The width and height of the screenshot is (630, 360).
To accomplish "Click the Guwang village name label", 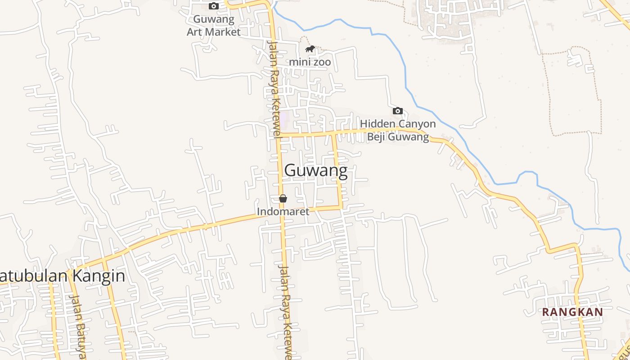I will coord(316,171).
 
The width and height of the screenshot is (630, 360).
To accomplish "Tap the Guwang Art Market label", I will coord(214,26).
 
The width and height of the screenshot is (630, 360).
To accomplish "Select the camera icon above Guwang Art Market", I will coord(214,6).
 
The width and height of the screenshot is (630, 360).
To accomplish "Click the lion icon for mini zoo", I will coord(310,49).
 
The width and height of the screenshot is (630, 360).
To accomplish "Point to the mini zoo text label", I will coord(310,62).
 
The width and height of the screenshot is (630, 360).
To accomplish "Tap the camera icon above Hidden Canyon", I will coord(397,111).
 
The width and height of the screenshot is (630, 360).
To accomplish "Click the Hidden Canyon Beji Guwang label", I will coord(398,130).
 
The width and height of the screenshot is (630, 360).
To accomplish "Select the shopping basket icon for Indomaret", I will coord(283,198).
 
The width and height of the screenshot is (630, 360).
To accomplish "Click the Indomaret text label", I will coord(283,211).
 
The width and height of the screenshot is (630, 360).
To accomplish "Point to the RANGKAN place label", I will coord(572,312).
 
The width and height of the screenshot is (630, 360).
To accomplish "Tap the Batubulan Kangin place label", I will coord(62,276).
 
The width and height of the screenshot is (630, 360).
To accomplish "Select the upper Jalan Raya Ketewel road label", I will coord(274,88).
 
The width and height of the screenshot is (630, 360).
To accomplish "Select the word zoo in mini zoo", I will coord(322,62).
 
